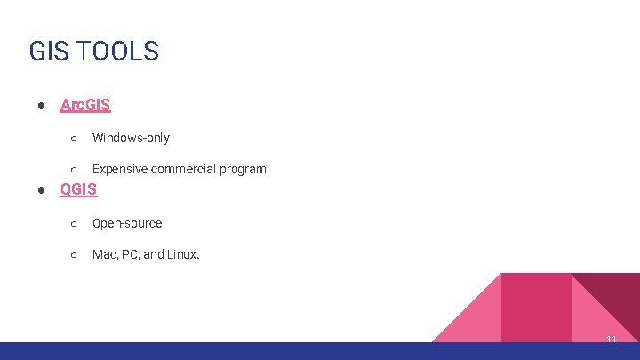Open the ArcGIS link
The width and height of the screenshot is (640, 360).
click(85, 105)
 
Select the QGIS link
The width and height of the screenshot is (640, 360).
click(78, 189)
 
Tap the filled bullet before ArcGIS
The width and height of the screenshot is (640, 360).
click(42, 106)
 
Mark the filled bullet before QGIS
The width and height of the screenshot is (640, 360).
click(42, 190)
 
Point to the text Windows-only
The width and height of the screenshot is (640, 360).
click(131, 138)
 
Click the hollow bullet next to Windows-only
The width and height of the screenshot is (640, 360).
click(75, 139)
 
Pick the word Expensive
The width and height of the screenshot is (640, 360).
click(121, 169)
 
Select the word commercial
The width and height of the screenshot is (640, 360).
click(186, 169)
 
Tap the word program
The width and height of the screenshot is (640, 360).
click(244, 169)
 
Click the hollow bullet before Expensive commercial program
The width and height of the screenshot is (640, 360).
click(75, 170)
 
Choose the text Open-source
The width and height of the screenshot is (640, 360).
click(127, 223)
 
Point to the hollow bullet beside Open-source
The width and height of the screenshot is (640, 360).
click(75, 224)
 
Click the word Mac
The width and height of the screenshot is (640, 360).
click(104, 254)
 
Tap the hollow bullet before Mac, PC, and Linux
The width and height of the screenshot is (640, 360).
click(75, 255)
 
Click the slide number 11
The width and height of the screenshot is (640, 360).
click(612, 340)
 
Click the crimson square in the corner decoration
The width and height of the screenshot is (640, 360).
click(536, 307)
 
